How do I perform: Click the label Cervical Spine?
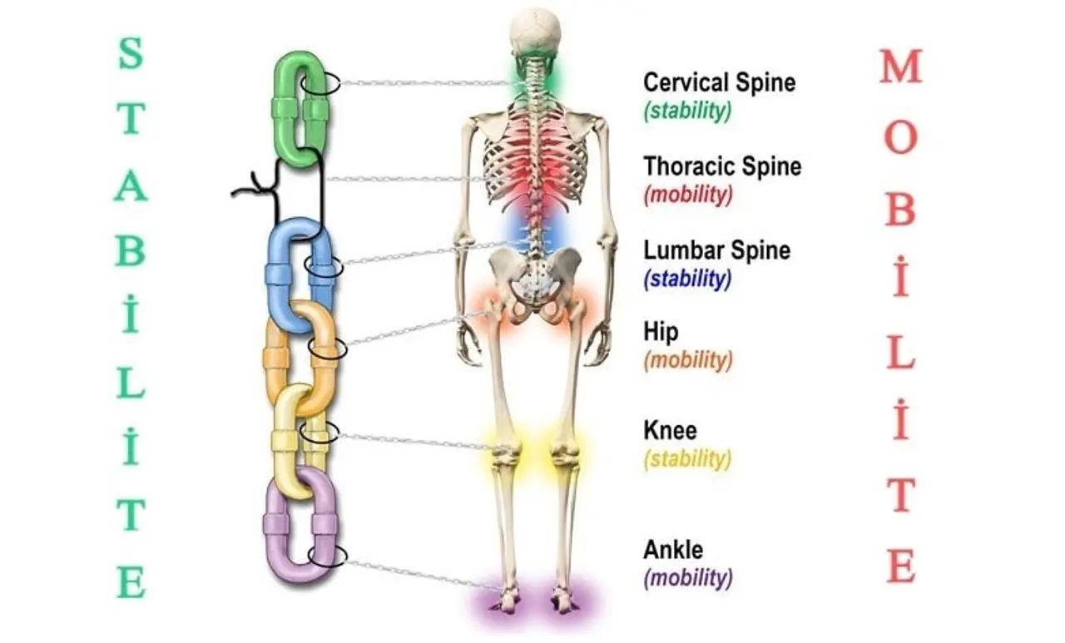point(720,82)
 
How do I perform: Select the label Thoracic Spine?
point(722,166)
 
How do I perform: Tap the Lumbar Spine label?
point(716,250)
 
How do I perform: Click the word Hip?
point(661,332)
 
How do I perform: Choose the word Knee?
point(670,431)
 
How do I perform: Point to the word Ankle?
point(673,550)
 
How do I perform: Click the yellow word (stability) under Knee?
point(687,459)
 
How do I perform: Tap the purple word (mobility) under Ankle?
point(688,578)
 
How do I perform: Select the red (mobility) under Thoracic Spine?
point(688,195)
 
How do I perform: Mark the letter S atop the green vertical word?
point(131,53)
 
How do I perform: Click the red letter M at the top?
point(901,66)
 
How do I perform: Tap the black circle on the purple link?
point(328,555)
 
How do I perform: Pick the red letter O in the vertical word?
point(901,137)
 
